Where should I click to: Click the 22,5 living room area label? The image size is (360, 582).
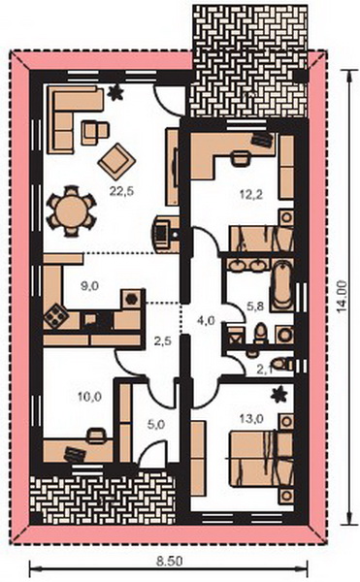[x=121, y=191]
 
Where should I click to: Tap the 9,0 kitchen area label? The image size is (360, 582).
[x=89, y=286]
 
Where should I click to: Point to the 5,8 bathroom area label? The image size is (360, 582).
[x=255, y=307]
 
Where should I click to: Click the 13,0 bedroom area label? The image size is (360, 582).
[x=251, y=419]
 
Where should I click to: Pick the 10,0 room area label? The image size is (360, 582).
[x=89, y=397]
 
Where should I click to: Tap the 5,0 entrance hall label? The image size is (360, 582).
[x=156, y=424]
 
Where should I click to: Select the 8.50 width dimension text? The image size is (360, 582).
[x=169, y=562]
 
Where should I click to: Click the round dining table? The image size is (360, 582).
[x=71, y=210]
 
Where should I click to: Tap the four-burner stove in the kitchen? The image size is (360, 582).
[x=56, y=316]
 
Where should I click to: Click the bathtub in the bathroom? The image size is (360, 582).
[x=282, y=285]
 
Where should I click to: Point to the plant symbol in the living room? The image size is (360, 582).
[x=115, y=92]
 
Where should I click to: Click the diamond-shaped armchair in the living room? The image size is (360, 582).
[x=116, y=161]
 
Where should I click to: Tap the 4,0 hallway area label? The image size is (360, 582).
[x=206, y=320]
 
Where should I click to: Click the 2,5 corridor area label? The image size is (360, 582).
[x=163, y=340]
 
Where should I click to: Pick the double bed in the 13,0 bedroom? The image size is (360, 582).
[x=261, y=458]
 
